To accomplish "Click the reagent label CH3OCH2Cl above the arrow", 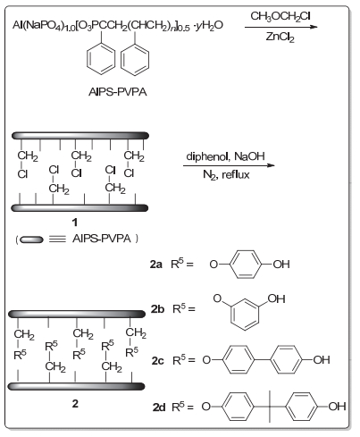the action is tap(280, 16).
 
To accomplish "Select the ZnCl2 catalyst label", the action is tap(280, 37).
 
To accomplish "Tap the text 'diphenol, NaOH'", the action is tap(225, 156).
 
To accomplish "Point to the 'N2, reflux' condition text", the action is tap(226, 174).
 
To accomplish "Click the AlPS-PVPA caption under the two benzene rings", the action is tap(118, 92).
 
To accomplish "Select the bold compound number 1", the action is tap(75, 222).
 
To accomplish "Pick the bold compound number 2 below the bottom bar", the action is tap(75, 403).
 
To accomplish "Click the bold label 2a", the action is tap(156, 265).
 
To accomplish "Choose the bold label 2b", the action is tap(157, 309).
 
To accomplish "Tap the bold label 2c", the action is tap(157, 361).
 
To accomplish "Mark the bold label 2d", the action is tap(159, 407).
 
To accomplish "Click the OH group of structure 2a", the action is tap(281, 265).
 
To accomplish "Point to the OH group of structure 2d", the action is tap(337, 407).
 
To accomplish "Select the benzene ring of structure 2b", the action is tap(244, 315).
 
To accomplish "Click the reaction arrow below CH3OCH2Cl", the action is tap(281, 27).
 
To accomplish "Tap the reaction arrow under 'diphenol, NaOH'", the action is tap(229, 165).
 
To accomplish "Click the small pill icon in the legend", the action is tap(31, 240).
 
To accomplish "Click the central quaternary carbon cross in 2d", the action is tap(270, 407).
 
